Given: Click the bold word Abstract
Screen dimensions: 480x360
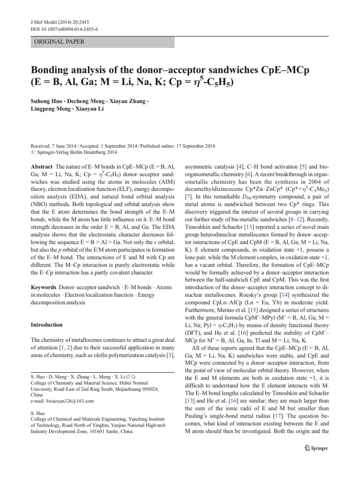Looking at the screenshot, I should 41,166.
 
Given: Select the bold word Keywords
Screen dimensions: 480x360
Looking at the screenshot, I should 44,286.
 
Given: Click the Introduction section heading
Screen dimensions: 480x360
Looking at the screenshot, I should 46,324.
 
